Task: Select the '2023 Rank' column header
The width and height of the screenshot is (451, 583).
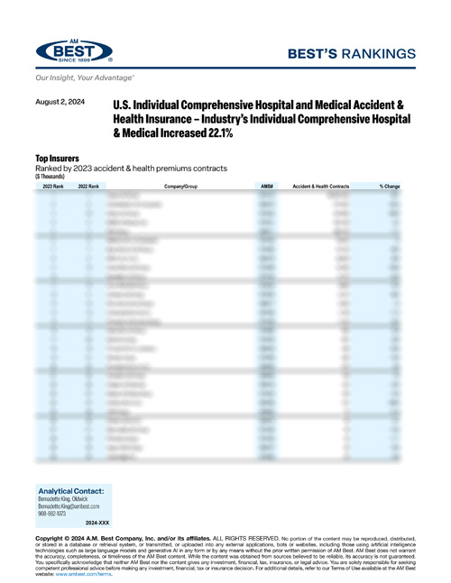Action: tap(53, 186)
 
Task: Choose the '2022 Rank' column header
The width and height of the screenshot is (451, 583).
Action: tap(88, 186)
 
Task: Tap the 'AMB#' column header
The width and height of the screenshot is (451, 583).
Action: tap(267, 186)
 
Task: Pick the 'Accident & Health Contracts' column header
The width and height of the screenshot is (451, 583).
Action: tap(327, 186)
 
